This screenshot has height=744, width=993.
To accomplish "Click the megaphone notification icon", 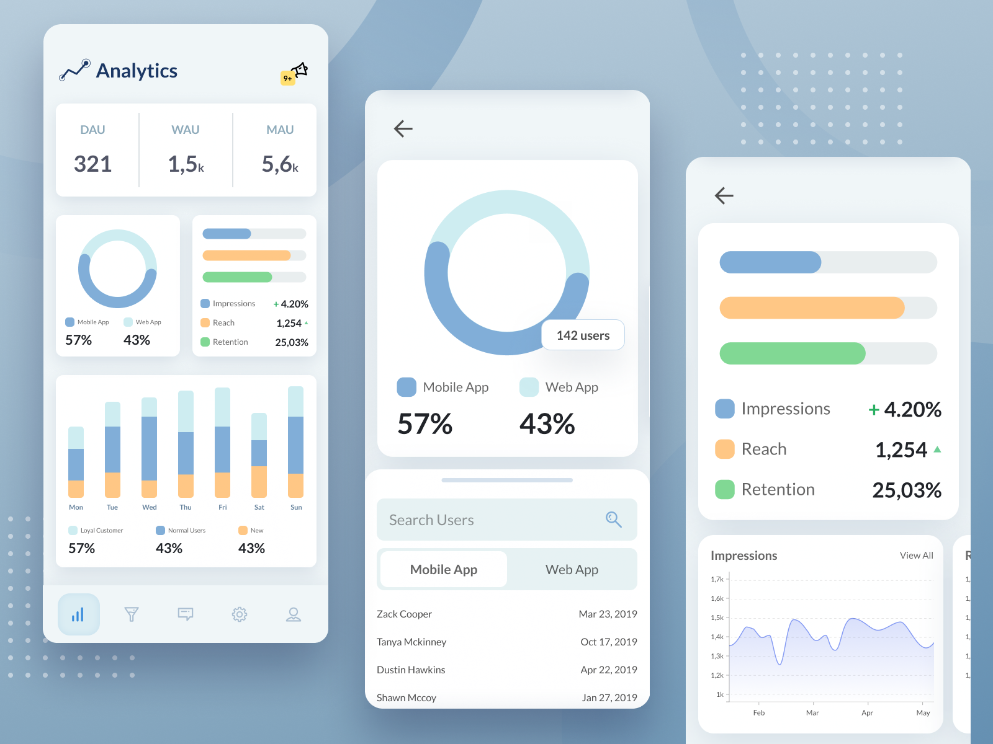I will [x=300, y=70].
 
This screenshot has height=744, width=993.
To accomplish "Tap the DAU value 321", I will [x=93, y=164].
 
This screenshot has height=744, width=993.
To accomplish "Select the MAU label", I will [x=280, y=130].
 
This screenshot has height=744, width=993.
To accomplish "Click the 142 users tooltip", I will [x=583, y=335].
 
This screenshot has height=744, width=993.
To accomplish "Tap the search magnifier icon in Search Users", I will [x=613, y=520].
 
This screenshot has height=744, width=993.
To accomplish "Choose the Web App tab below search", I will [x=572, y=570].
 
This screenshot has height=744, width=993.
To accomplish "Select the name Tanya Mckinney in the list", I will [x=411, y=642].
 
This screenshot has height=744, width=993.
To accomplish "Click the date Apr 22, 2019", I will [x=608, y=670].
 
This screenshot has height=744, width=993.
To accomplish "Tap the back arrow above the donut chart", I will [x=403, y=128].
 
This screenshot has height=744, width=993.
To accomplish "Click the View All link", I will [x=916, y=556].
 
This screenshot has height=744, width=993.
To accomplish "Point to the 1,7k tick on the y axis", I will [x=717, y=579].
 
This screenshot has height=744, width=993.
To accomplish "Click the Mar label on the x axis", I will [x=812, y=713].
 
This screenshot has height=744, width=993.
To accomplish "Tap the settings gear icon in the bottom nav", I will [x=240, y=614].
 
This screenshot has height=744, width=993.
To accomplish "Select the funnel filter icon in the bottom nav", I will [x=132, y=614].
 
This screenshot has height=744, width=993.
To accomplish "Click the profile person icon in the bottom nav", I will [x=294, y=614].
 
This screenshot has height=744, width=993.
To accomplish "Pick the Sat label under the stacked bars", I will [x=259, y=507].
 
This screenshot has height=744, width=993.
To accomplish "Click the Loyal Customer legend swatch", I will [x=73, y=530].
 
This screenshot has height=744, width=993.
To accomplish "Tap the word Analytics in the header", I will [x=137, y=71].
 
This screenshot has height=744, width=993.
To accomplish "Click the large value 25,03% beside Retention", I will [x=907, y=490].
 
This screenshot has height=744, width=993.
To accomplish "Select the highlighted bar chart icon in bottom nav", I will [x=78, y=614].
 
